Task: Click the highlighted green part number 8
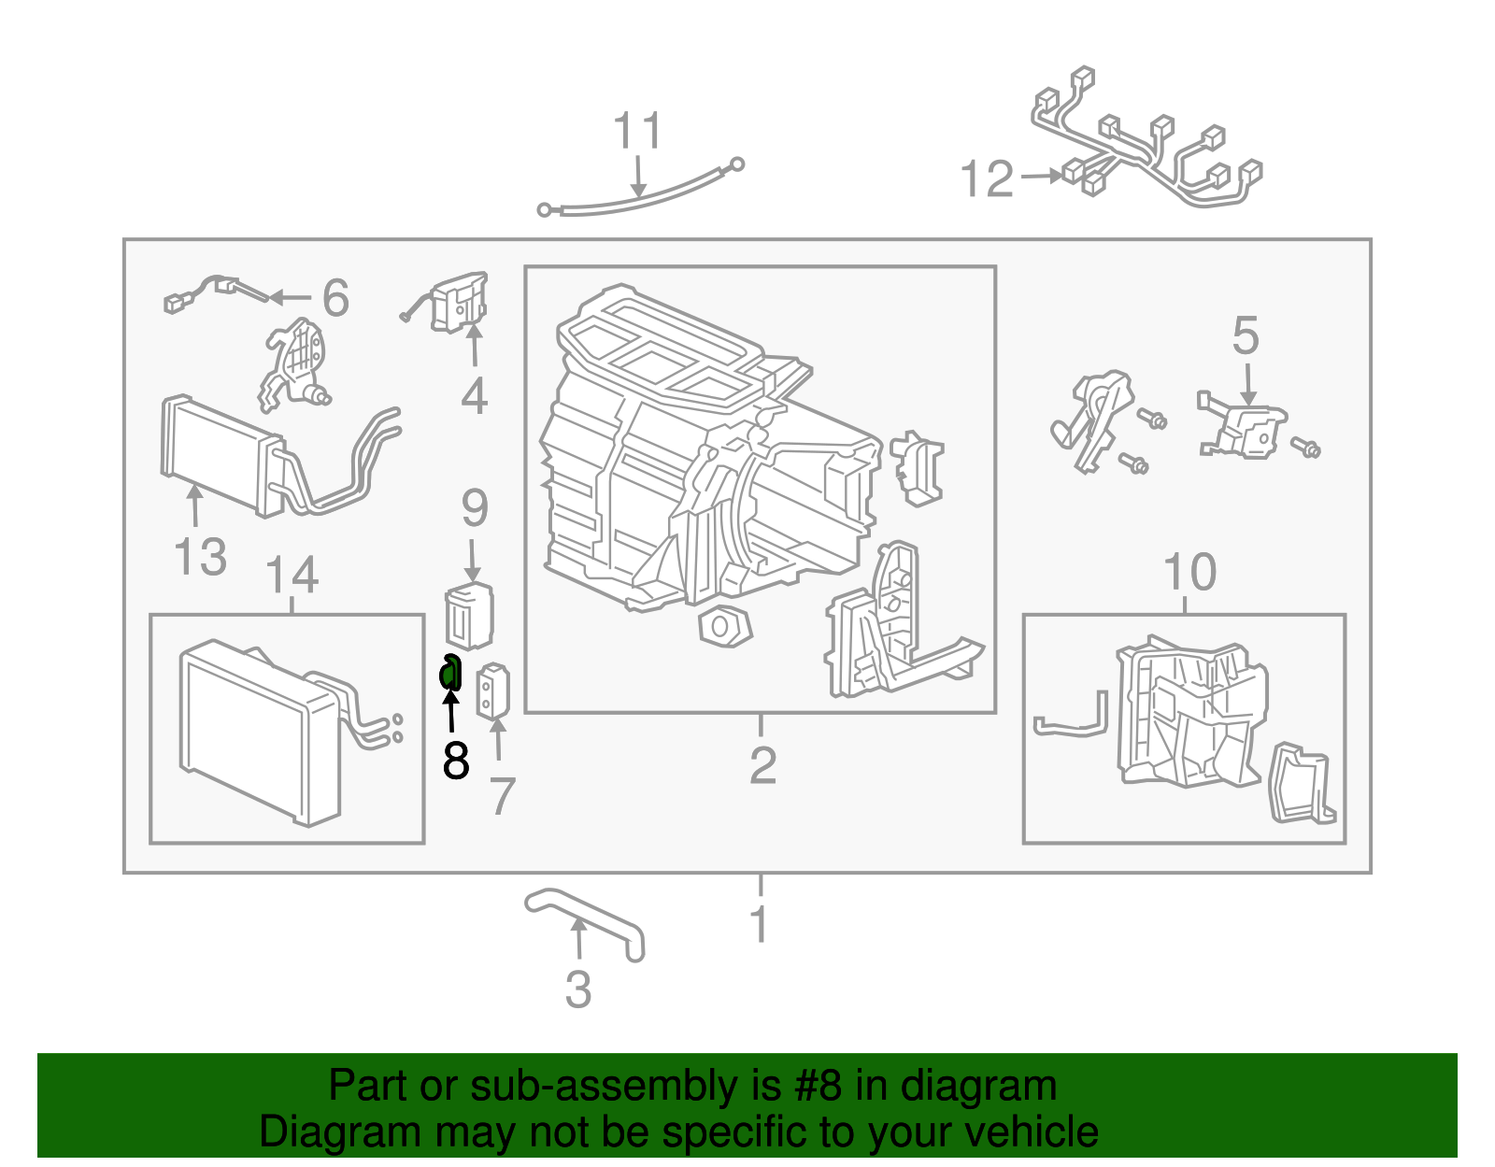[x=450, y=673]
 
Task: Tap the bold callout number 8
[x=456, y=761]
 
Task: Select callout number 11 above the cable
[x=638, y=132]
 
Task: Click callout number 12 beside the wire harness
[x=987, y=178]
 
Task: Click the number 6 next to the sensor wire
[x=335, y=298]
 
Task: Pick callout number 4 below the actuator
[x=475, y=396]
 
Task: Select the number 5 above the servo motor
[x=1246, y=335]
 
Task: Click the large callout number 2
[x=762, y=765]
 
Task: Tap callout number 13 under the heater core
[x=200, y=557]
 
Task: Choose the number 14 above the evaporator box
[x=292, y=576]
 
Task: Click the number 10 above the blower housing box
[x=1189, y=572]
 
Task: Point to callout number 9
[x=475, y=508]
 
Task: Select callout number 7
[x=503, y=796]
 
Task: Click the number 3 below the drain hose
[x=578, y=989]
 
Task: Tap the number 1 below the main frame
[x=760, y=924]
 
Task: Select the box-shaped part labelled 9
[x=469, y=615]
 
